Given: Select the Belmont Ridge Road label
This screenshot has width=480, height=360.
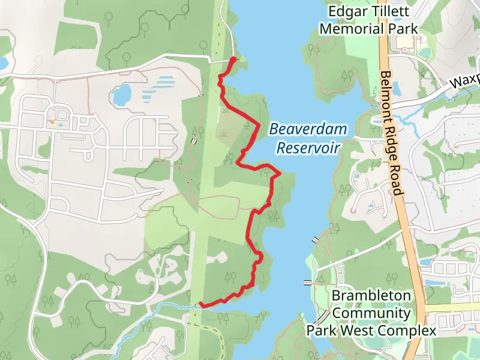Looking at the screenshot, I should tap(390, 134).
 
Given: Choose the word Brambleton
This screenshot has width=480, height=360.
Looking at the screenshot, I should tap(371, 296).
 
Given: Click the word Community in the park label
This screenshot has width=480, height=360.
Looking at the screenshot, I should tap(371, 313).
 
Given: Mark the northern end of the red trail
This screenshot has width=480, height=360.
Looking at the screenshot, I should tap(233, 59).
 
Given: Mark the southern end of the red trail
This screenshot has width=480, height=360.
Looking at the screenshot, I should tap(200, 305).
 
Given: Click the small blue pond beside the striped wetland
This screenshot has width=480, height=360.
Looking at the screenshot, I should tap(122, 94).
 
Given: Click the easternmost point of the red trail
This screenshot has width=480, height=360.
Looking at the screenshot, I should tap(280, 173).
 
